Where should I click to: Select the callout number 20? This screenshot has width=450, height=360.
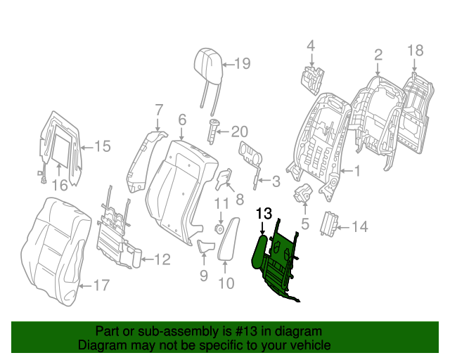pyautogui.click(x=240, y=131)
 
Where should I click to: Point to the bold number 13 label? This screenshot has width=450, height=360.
pyautogui.click(x=264, y=213)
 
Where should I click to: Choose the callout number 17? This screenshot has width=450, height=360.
pyautogui.click(x=101, y=285)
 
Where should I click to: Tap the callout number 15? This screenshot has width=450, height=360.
pyautogui.click(x=103, y=146)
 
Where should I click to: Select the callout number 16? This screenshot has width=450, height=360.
pyautogui.click(x=60, y=185)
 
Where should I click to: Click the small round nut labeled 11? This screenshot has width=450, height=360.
pyautogui.click(x=219, y=229)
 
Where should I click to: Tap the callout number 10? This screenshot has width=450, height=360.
pyautogui.click(x=226, y=283)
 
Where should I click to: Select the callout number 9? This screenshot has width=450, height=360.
pyautogui.click(x=203, y=276)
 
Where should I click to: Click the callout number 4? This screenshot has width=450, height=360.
pyautogui.click(x=310, y=46)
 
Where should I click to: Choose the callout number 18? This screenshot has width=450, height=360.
pyautogui.click(x=415, y=49)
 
